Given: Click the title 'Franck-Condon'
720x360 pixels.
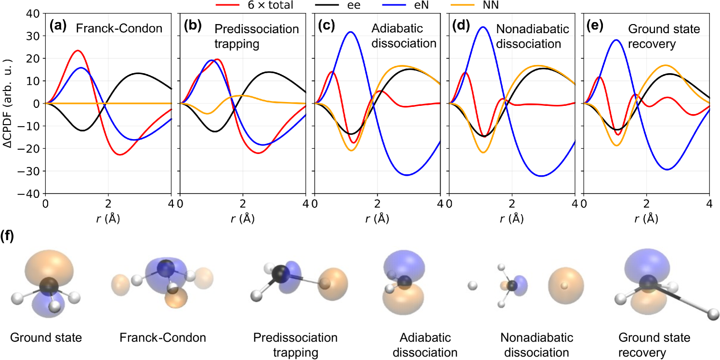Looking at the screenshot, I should pos(119,29).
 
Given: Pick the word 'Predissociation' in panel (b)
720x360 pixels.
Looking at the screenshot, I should pos(256,29).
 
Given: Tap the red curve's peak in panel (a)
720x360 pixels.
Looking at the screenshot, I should pos(77,51).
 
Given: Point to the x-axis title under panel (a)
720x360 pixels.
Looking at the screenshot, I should pos(108,218).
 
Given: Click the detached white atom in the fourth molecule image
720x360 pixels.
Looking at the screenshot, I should pos(472,286).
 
